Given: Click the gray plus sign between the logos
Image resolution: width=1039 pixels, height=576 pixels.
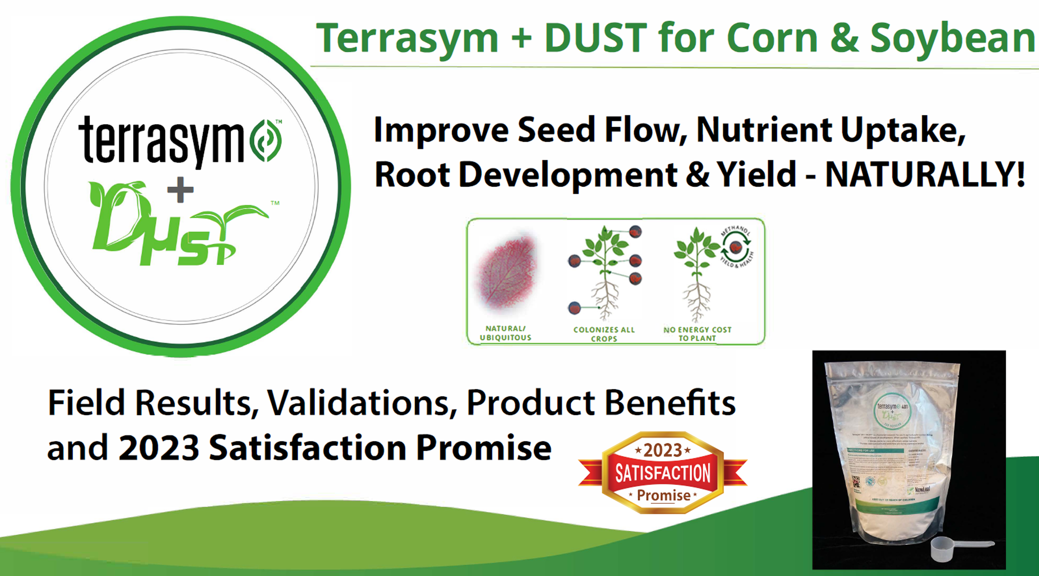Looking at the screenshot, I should pyautogui.click(x=180, y=190).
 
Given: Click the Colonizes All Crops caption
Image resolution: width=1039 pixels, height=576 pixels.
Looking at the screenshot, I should pyautogui.click(x=604, y=334).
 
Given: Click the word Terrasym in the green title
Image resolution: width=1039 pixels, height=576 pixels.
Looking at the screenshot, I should pyautogui.click(x=407, y=38).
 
